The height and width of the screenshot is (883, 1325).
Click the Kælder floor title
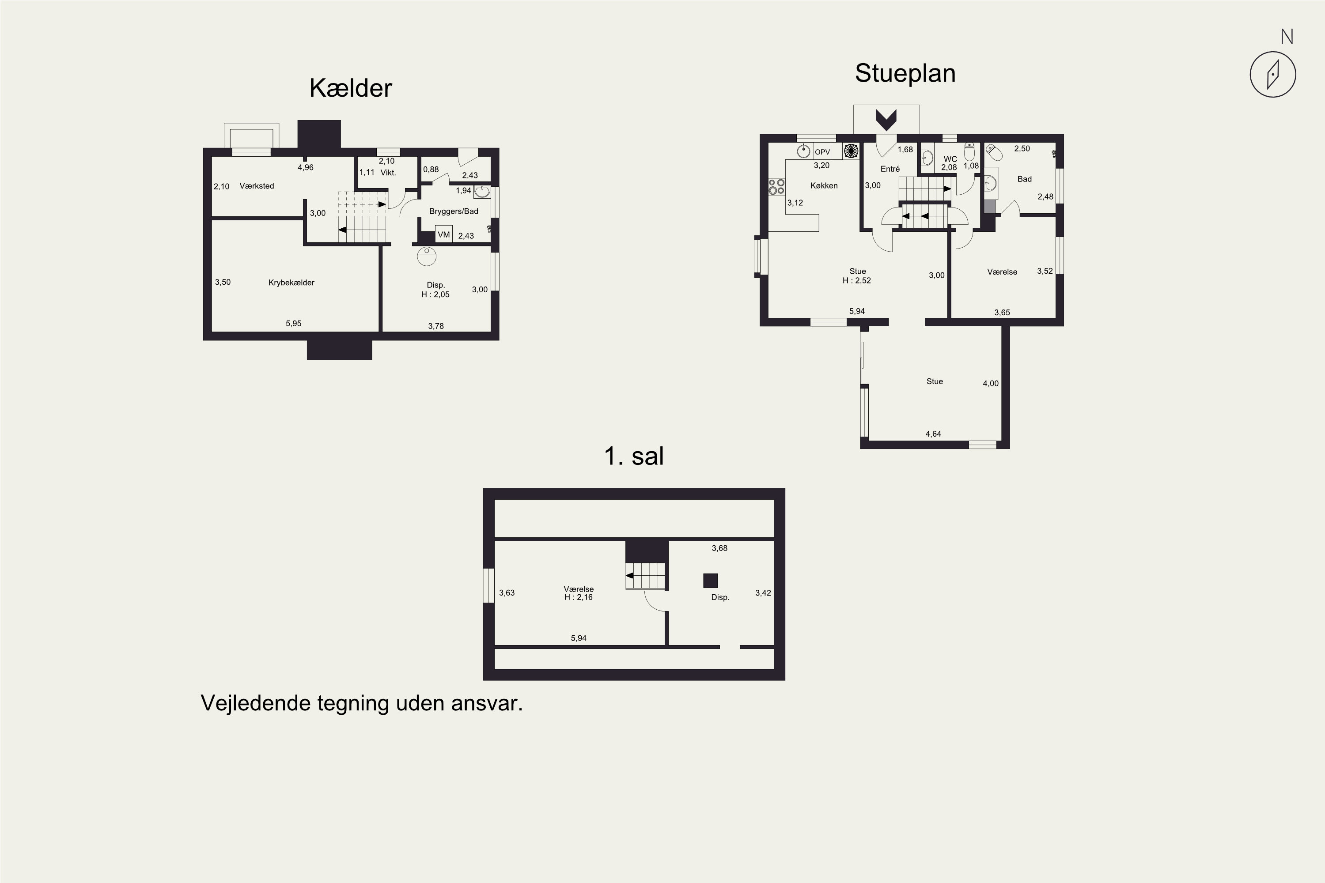[x=350, y=88]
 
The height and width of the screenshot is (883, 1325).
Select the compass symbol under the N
[x=1272, y=74]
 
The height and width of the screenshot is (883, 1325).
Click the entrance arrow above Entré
[x=886, y=119]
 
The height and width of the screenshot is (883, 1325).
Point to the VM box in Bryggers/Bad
[x=444, y=234]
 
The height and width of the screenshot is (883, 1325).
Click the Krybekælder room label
[x=291, y=283]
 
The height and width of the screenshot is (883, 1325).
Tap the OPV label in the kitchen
[x=822, y=152]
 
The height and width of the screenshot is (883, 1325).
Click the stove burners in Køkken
[x=777, y=186]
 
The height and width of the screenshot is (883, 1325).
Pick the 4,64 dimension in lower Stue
[x=933, y=434]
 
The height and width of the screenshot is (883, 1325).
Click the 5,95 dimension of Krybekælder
[x=294, y=323]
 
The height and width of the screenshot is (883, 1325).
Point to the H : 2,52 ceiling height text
[x=856, y=280]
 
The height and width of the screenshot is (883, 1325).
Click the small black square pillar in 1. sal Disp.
[x=710, y=580]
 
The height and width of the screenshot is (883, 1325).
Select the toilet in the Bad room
[x=994, y=152]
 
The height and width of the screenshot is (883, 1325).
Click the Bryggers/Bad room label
[x=454, y=211]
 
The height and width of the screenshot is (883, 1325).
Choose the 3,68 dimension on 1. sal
[x=719, y=548]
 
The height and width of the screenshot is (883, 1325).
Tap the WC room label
[x=950, y=159]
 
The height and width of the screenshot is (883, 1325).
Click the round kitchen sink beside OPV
[x=804, y=151]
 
